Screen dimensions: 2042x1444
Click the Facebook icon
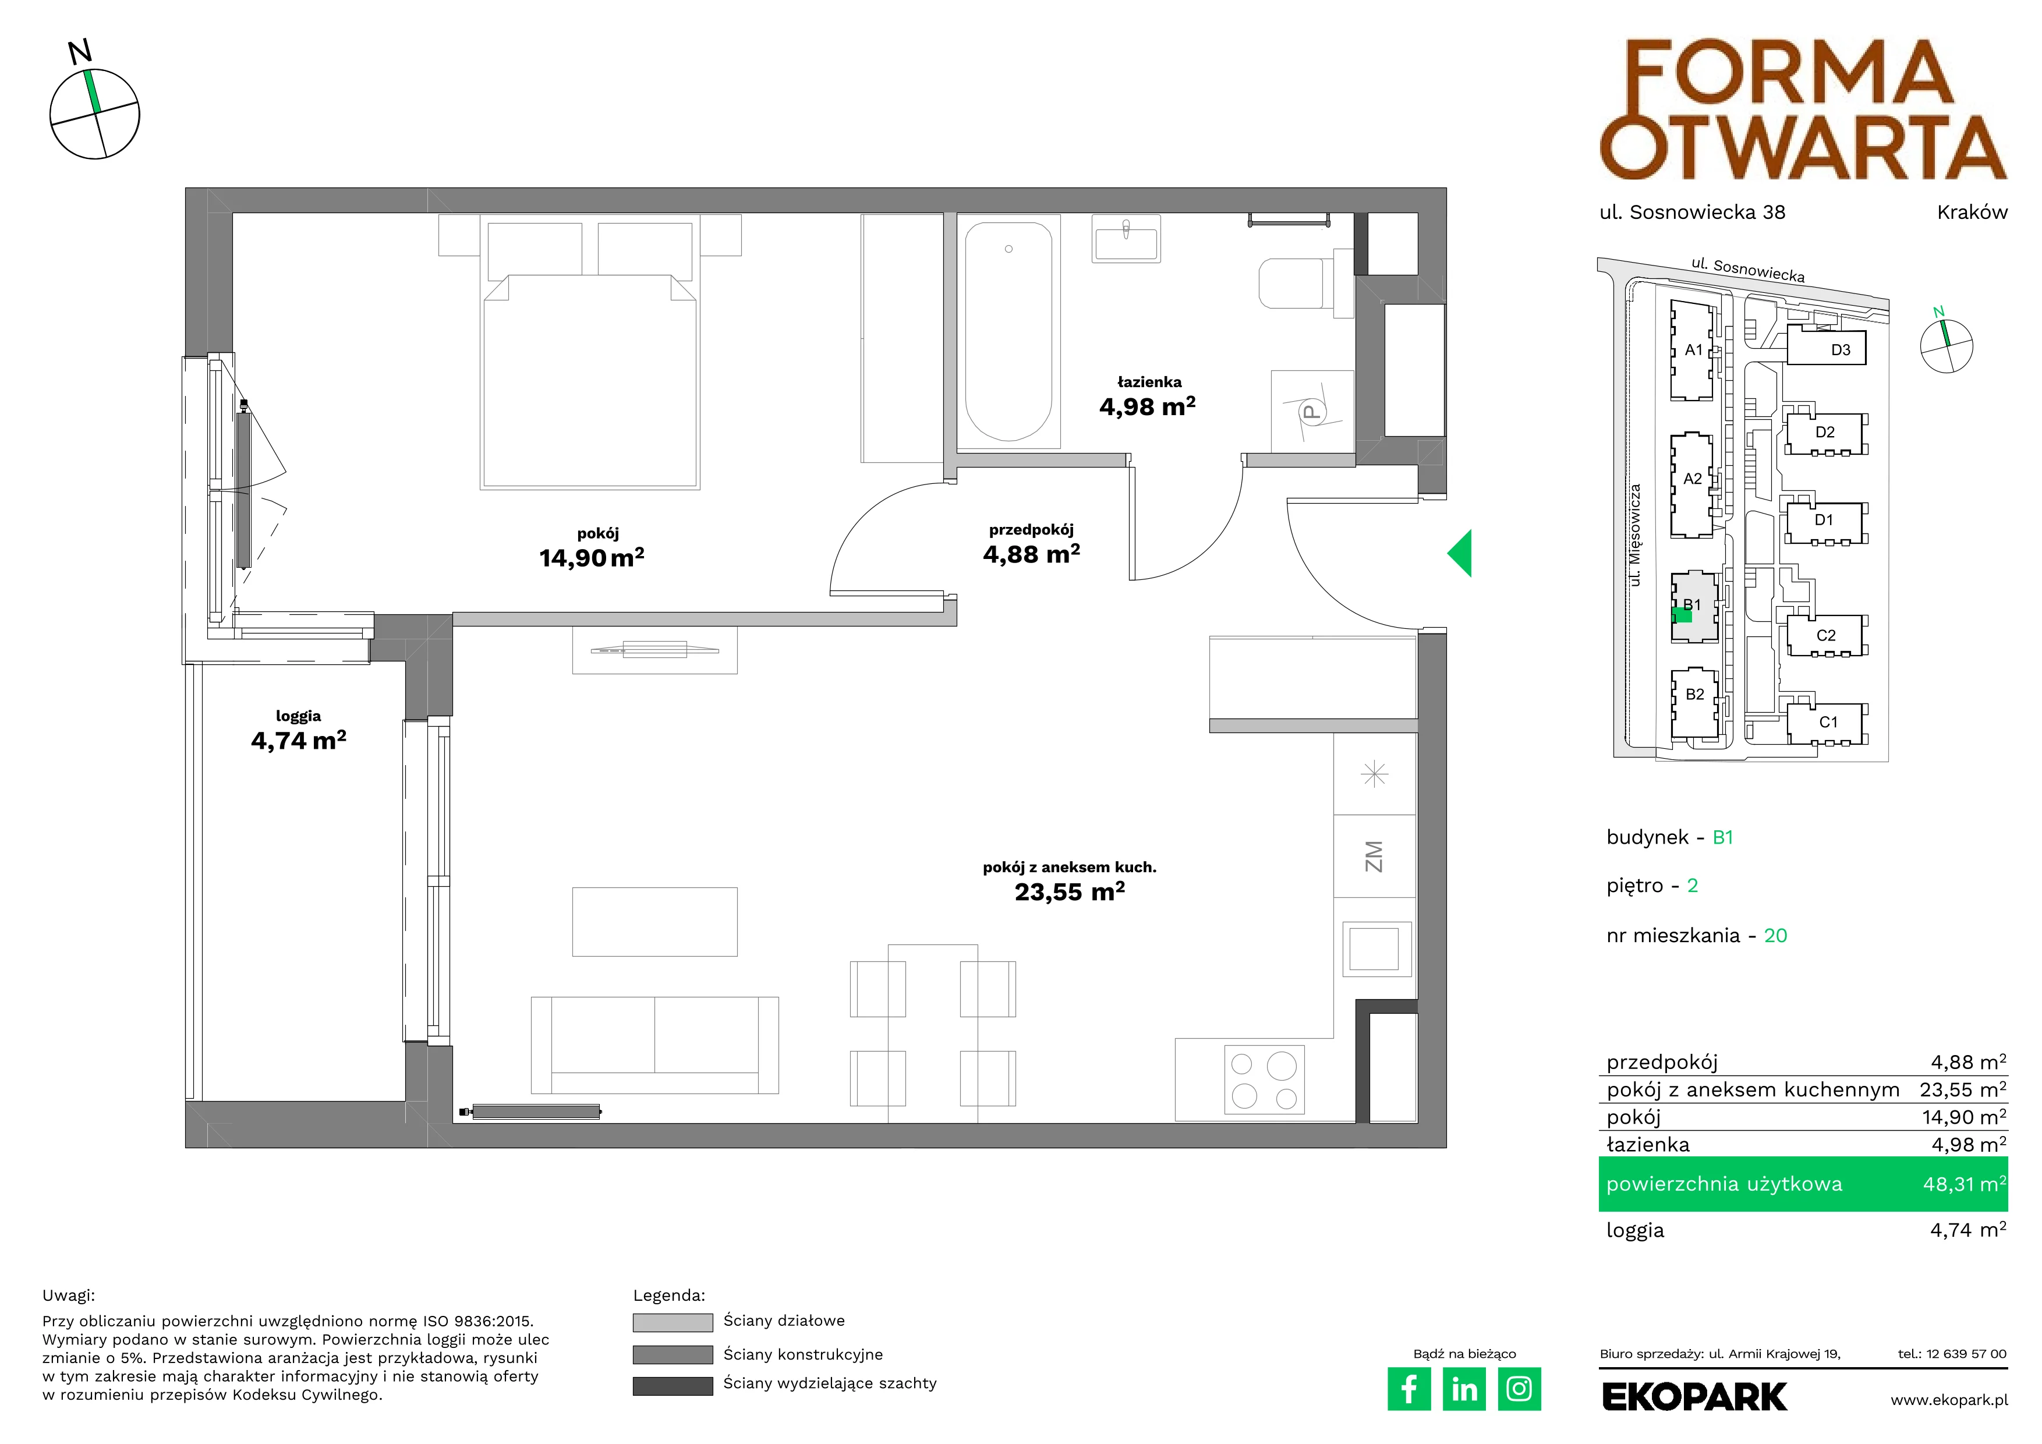tap(1408, 1389)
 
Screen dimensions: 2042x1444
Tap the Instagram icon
tap(1519, 1389)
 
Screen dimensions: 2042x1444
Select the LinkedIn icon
tap(1464, 1389)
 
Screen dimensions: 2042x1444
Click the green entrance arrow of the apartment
tap(1460, 553)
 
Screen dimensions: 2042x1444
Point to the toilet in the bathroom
tap(1305, 283)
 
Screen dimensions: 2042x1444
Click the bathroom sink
tap(1126, 238)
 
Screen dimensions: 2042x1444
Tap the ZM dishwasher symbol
tap(1374, 857)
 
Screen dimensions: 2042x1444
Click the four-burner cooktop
tap(1264, 1080)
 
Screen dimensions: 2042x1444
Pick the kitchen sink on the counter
tap(1374, 948)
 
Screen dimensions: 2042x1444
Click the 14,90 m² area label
tap(592, 557)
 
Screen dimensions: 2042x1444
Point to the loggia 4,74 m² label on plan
tap(299, 730)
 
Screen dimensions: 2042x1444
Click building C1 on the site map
tap(1828, 722)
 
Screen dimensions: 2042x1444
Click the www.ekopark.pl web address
tap(1949, 1400)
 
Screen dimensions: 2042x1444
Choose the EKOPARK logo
tap(1694, 1397)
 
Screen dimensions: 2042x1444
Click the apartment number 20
tap(1775, 936)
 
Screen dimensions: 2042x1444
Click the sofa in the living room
tap(654, 1045)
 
